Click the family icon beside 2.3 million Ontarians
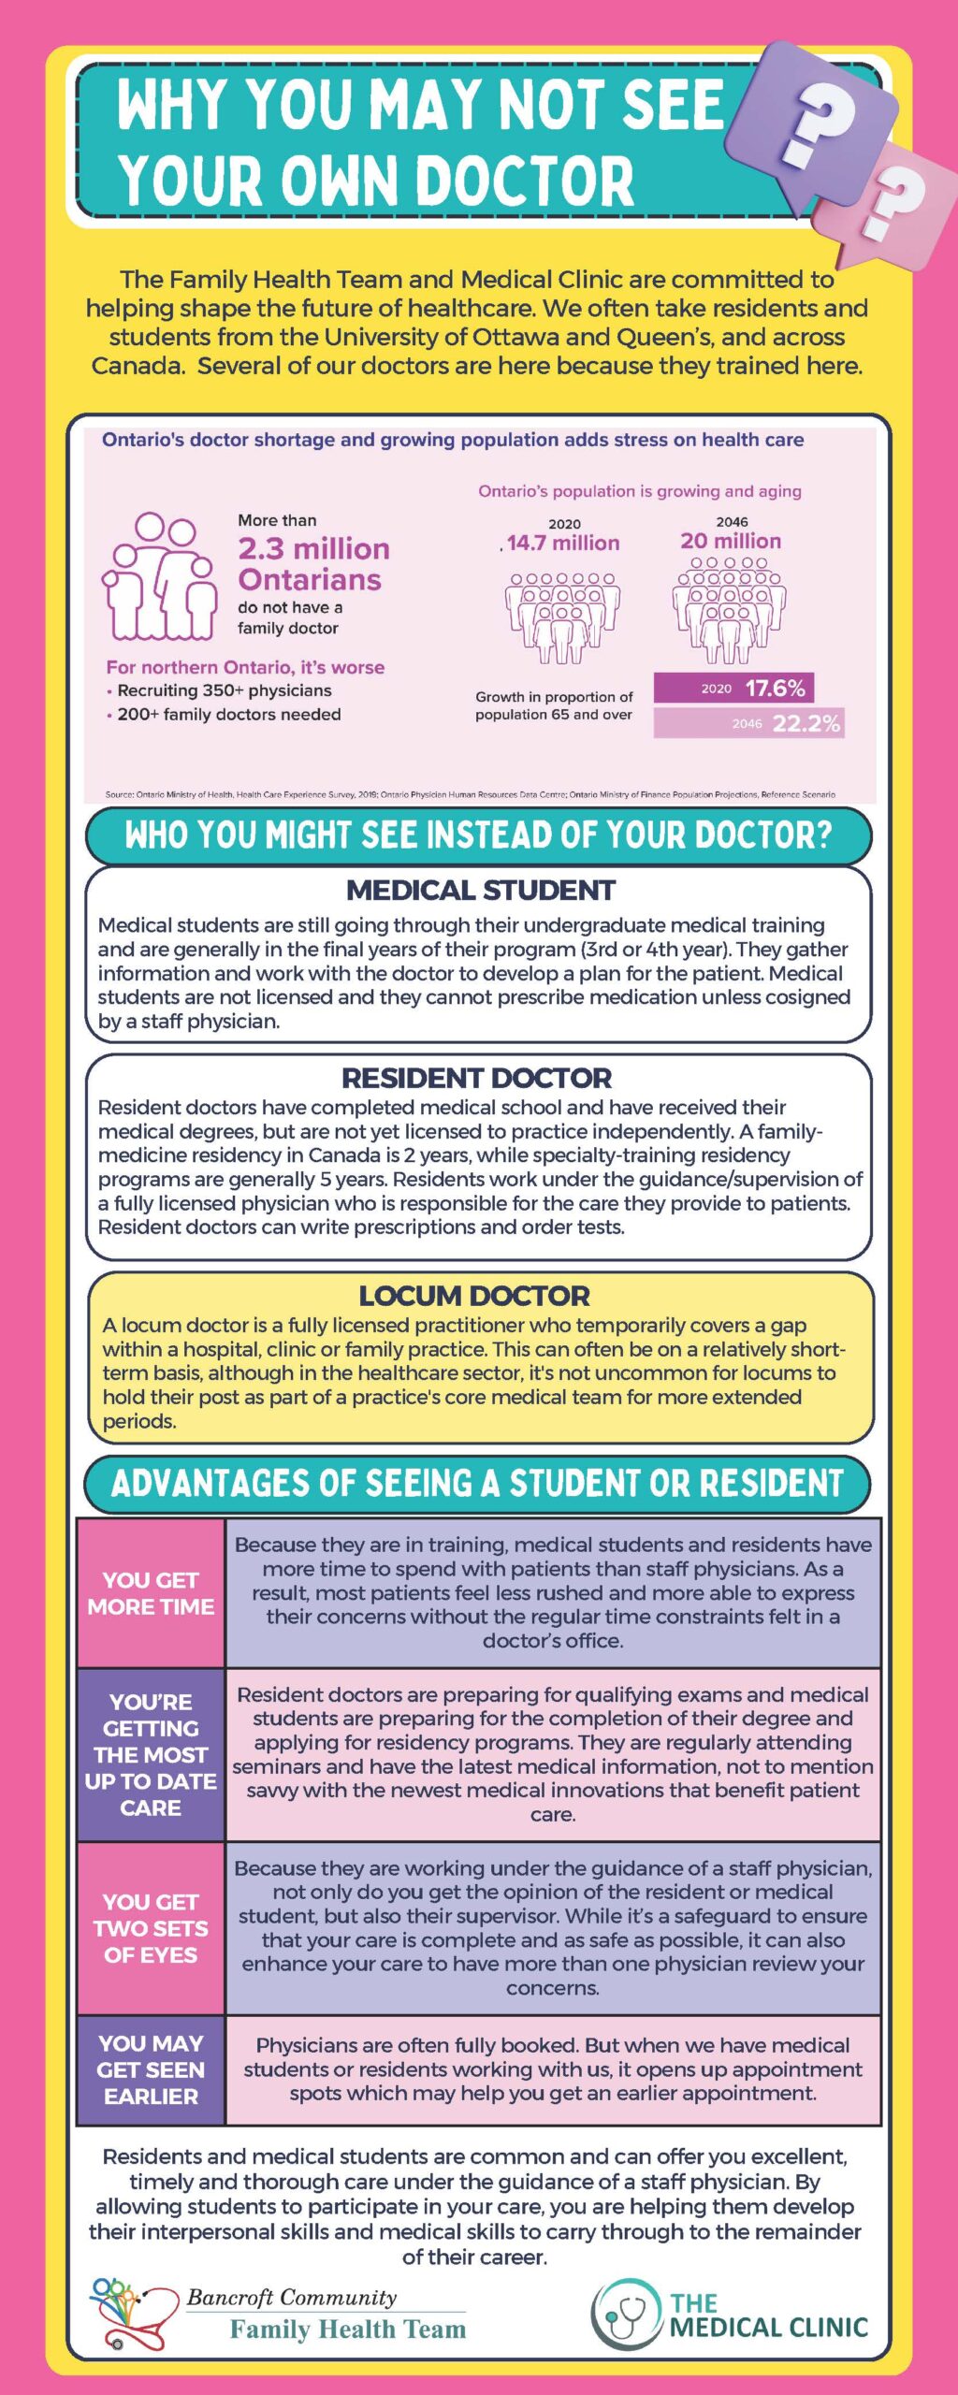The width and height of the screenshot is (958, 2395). [x=159, y=576]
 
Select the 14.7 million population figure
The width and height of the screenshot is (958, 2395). [x=562, y=543]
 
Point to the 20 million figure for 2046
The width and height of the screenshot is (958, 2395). [x=731, y=541]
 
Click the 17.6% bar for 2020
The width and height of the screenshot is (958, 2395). [x=733, y=688]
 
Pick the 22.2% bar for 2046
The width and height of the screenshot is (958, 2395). [x=748, y=723]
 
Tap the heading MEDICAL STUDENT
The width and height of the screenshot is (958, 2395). [x=480, y=890]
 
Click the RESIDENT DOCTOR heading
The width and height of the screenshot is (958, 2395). [x=476, y=1078]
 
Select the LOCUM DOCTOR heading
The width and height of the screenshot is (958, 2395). [x=474, y=1296]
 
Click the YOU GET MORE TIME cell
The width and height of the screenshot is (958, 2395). [x=151, y=1593]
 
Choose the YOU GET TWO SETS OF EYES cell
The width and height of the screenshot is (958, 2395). [x=151, y=1928]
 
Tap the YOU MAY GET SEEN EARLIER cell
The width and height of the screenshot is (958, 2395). [x=151, y=2069]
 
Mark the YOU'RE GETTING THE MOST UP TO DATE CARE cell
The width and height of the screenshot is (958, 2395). [x=151, y=1754]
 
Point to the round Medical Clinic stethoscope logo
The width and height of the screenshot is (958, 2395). [x=625, y=2314]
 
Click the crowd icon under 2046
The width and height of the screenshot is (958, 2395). [x=730, y=609]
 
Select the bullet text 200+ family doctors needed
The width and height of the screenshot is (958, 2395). [x=228, y=714]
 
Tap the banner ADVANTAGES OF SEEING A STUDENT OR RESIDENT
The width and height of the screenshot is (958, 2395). [x=477, y=1484]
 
